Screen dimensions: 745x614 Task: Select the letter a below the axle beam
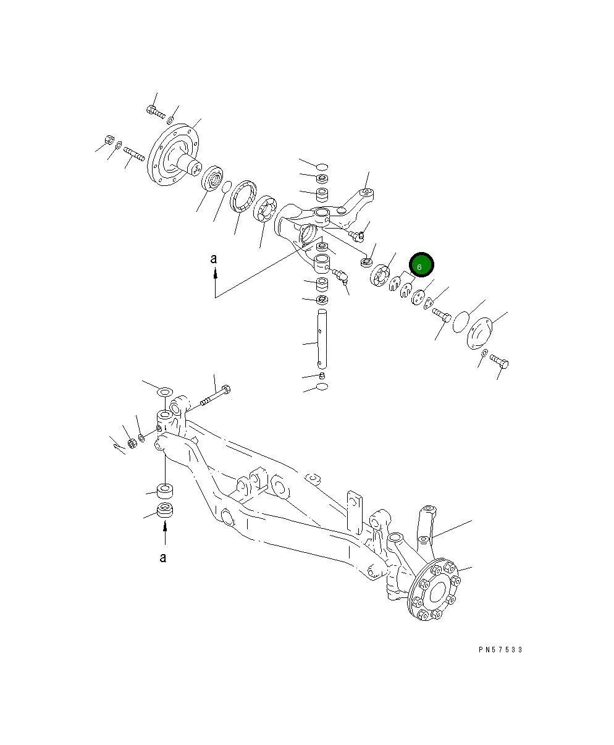pyautogui.click(x=163, y=558)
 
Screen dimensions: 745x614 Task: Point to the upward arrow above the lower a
pyautogui.click(x=165, y=533)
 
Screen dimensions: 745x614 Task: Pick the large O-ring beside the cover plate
pyautogui.click(x=460, y=322)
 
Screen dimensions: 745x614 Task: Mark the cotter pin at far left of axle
pyautogui.click(x=117, y=443)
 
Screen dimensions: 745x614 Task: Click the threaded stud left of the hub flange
pyautogui.click(x=133, y=153)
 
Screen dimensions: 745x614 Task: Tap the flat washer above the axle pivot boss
pyautogui.click(x=164, y=392)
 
